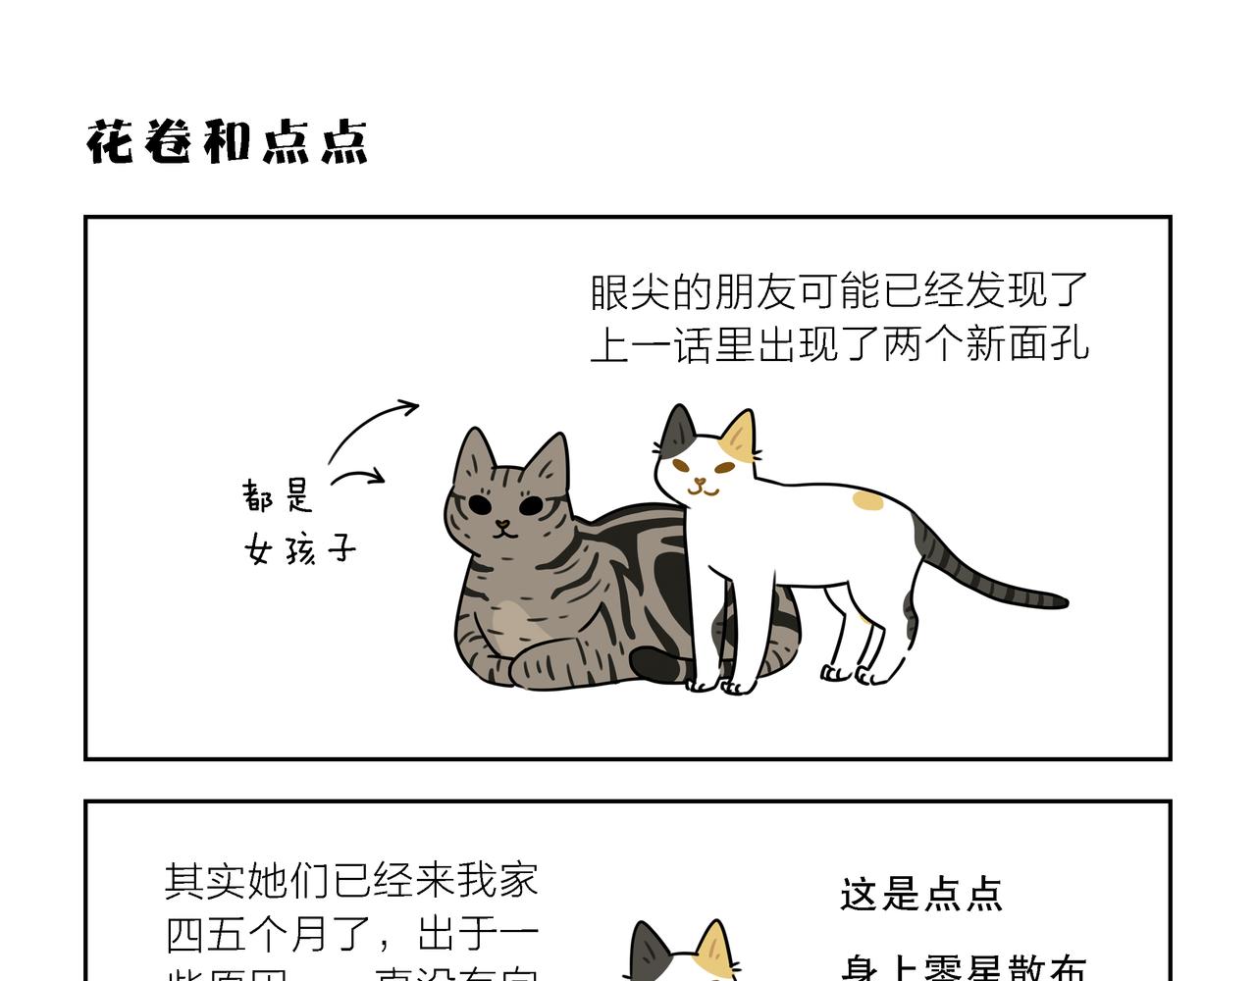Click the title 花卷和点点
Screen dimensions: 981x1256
pos(227,143)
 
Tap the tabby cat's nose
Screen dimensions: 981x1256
pos(502,524)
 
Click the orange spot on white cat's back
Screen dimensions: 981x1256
pos(867,501)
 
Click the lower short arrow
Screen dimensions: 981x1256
pos(358,477)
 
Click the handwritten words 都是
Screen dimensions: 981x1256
pos(278,495)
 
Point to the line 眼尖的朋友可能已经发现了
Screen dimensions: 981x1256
pos(839,291)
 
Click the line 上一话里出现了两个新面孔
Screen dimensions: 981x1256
pos(839,344)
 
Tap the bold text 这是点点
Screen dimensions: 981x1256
pos(920,895)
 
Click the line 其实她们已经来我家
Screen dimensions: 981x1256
pos(351,880)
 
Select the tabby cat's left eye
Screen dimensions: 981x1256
pos(480,503)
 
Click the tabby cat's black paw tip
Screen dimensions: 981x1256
pos(654,664)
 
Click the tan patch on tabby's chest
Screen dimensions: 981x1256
pos(510,624)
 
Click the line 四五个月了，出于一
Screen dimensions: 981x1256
pos(351,933)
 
